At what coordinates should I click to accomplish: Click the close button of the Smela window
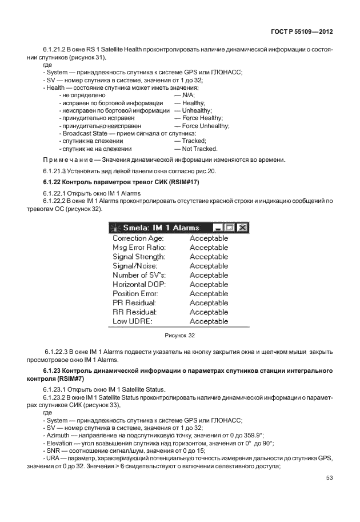tap(242, 228)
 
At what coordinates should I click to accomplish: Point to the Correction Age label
tap(138, 238)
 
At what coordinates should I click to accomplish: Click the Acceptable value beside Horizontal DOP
tap(209, 284)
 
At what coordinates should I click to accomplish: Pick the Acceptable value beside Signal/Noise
tap(209, 266)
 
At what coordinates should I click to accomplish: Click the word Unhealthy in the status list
tap(197, 110)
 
